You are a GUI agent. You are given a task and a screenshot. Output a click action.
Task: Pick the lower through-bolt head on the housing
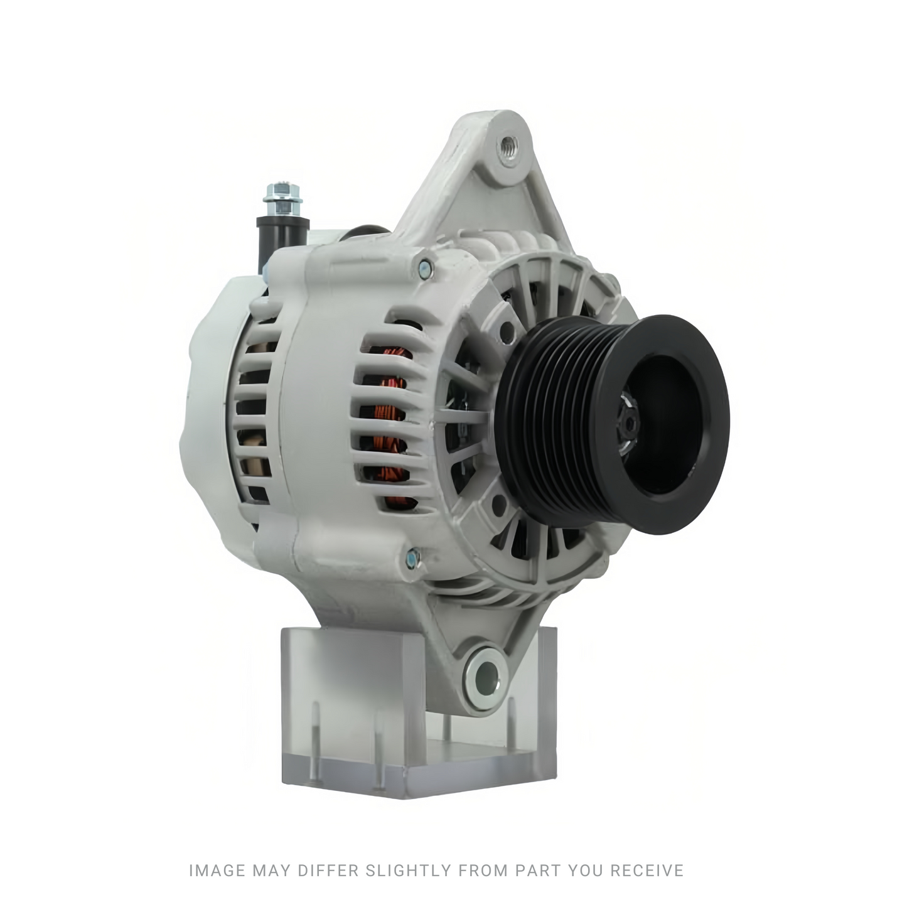click(x=412, y=558)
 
